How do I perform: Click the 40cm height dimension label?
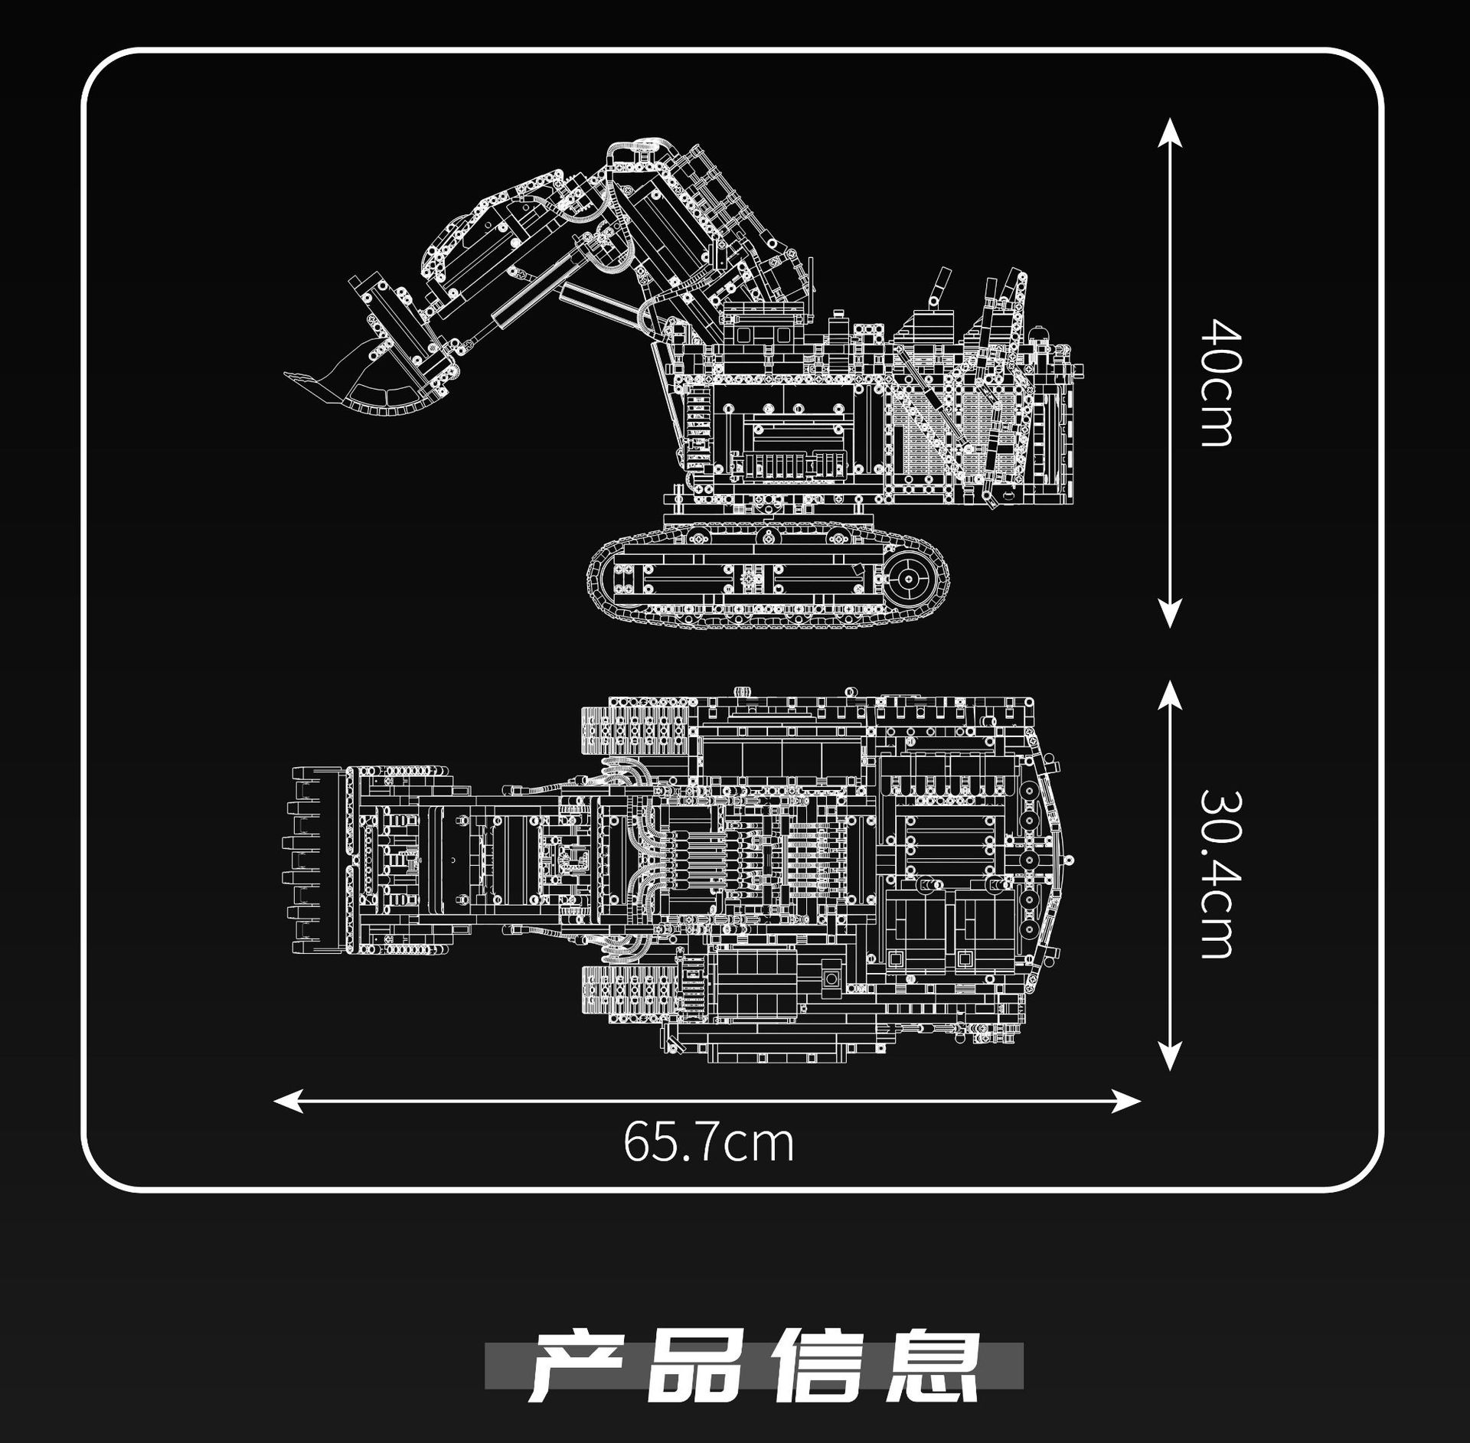(x=1217, y=382)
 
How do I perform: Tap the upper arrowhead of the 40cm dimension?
(x=1169, y=130)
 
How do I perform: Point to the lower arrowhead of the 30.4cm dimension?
(x=1169, y=1057)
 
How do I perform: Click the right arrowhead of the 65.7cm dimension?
(x=1129, y=1101)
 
